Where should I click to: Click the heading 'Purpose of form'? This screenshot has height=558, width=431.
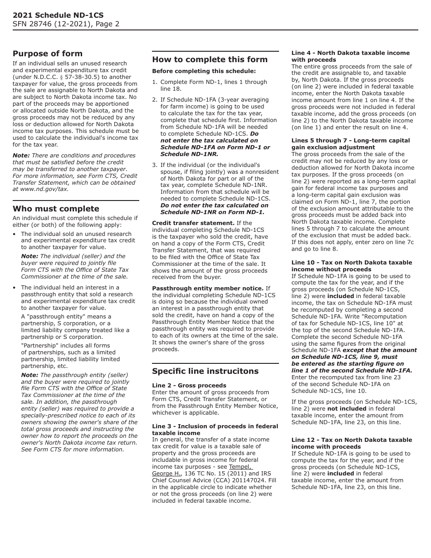point(48,54)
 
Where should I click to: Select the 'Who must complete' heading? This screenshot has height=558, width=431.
point(56,209)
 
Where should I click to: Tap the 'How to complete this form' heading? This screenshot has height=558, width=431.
point(210,59)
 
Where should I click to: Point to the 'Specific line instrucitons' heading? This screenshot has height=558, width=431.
point(205,371)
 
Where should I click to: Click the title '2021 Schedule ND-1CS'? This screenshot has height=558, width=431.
point(58,15)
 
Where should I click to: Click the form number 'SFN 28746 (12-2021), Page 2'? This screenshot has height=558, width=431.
point(66,24)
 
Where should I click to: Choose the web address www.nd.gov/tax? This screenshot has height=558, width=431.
point(44,189)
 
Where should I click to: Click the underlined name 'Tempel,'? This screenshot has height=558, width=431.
point(240,467)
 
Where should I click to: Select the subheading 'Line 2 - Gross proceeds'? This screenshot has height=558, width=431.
point(183,386)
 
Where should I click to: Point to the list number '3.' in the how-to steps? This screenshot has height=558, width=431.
point(155,165)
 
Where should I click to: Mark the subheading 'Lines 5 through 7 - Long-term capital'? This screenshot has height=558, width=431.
point(350,141)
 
